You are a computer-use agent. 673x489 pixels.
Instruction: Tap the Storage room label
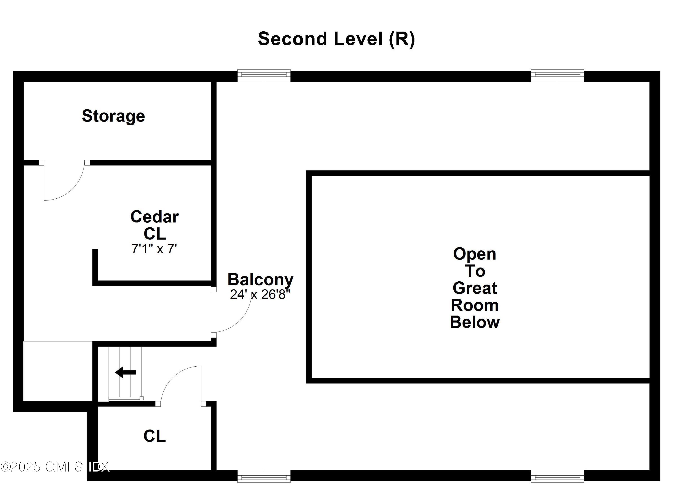click(x=113, y=116)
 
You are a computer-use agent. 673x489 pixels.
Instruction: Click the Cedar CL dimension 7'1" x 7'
click(x=154, y=249)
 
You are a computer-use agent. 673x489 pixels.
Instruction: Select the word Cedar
click(x=154, y=217)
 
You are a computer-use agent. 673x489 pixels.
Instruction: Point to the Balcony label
click(x=260, y=279)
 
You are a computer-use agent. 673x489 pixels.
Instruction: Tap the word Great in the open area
click(x=474, y=288)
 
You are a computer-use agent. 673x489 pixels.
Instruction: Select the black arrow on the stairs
click(x=126, y=372)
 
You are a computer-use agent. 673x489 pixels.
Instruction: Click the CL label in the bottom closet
click(x=154, y=436)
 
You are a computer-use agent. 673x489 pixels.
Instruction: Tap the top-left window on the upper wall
click(x=264, y=76)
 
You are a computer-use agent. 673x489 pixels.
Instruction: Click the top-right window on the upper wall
click(x=557, y=76)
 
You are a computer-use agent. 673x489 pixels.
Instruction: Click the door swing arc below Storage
click(x=71, y=190)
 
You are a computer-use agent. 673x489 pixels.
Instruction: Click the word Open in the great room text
click(x=474, y=254)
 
